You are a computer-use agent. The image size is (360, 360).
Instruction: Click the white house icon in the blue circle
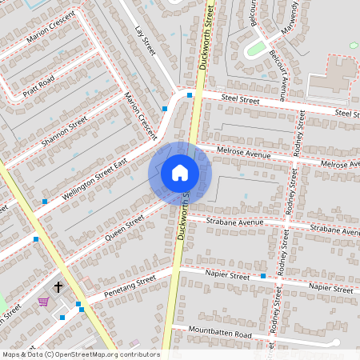pos(180,173)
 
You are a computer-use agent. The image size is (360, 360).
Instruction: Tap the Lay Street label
pos(145,40)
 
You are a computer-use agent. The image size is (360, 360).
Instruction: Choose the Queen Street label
pos(124,228)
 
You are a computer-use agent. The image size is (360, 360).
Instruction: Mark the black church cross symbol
pos(58,286)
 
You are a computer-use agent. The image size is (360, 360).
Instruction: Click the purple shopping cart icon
pos(43,302)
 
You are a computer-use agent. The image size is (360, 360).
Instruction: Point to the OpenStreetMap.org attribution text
pos(81,354)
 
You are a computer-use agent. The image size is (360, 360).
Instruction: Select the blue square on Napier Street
pos(263,276)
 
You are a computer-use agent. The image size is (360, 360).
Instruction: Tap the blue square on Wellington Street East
pos(45,202)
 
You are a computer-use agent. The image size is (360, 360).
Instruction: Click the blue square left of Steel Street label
pos(190,95)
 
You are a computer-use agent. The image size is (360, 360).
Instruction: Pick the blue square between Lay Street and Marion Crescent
pos(165,108)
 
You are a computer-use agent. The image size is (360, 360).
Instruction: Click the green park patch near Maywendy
pos(255,50)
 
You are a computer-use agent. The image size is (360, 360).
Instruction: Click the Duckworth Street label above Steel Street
pos(206,36)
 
